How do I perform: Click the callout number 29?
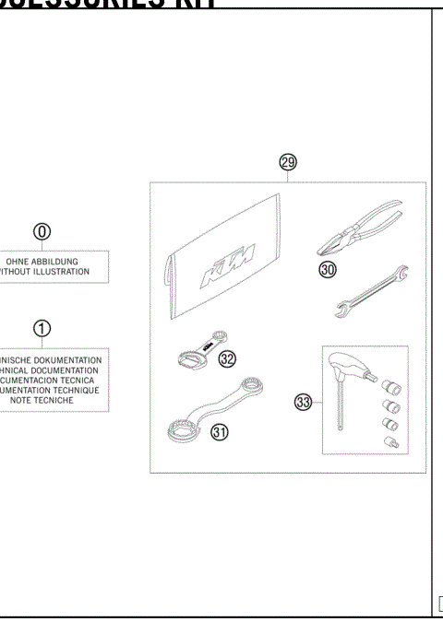pos(288,163)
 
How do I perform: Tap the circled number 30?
pos(329,269)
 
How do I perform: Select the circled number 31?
pos(219,433)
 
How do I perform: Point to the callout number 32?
pos(227,358)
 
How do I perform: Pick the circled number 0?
pos(42,231)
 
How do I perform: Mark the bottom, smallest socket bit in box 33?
pos(389,442)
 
